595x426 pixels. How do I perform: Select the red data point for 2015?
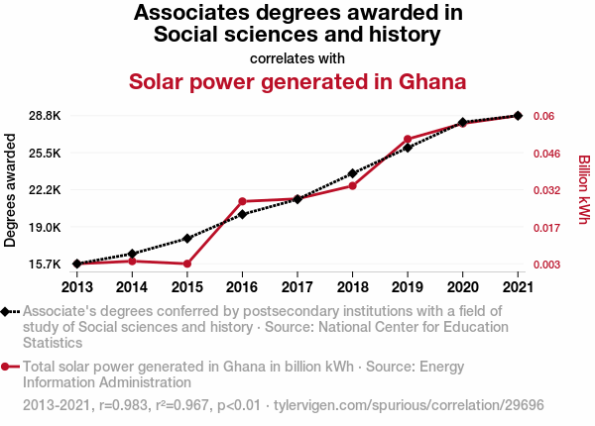click(187, 264)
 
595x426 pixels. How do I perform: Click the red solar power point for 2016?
click(243, 201)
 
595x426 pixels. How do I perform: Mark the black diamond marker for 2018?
click(353, 173)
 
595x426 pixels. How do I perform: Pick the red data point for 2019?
click(408, 139)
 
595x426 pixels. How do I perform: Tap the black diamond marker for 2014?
click(133, 254)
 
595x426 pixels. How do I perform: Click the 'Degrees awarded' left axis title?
click(11, 191)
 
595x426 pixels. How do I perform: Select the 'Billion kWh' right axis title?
click(584, 189)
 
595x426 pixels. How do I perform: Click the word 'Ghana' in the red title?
click(424, 80)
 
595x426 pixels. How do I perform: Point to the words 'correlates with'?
click(297, 57)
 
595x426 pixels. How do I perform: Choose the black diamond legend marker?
click(9, 311)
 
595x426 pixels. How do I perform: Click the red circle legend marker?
click(9, 367)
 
